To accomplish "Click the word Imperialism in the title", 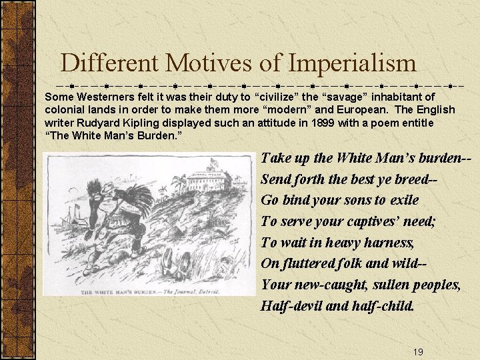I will [x=352, y=64].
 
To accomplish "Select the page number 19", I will [x=418, y=352].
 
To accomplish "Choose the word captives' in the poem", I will [x=367, y=221].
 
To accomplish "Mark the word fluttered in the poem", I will [x=305, y=264].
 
